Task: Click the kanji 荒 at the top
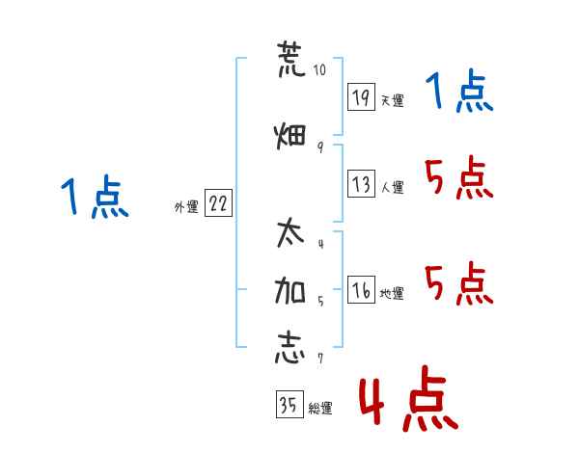tap(291, 59)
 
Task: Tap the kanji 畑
tap(290, 136)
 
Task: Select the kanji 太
tap(290, 232)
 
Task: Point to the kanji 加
tap(290, 291)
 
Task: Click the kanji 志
tap(290, 348)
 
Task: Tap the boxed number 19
tap(361, 97)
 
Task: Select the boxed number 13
tap(361, 183)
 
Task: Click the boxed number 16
tap(361, 289)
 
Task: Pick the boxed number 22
tap(218, 202)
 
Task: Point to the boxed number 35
tap(289, 404)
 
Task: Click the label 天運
tap(392, 100)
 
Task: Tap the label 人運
tap(392, 187)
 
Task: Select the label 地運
tap(392, 293)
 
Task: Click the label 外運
tap(186, 206)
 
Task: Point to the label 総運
tap(320, 408)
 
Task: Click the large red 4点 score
tap(408, 398)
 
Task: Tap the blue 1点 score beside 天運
tap(459, 91)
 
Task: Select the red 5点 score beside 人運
tap(459, 177)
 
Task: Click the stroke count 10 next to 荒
tap(319, 69)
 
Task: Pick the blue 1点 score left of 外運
tap(95, 197)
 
